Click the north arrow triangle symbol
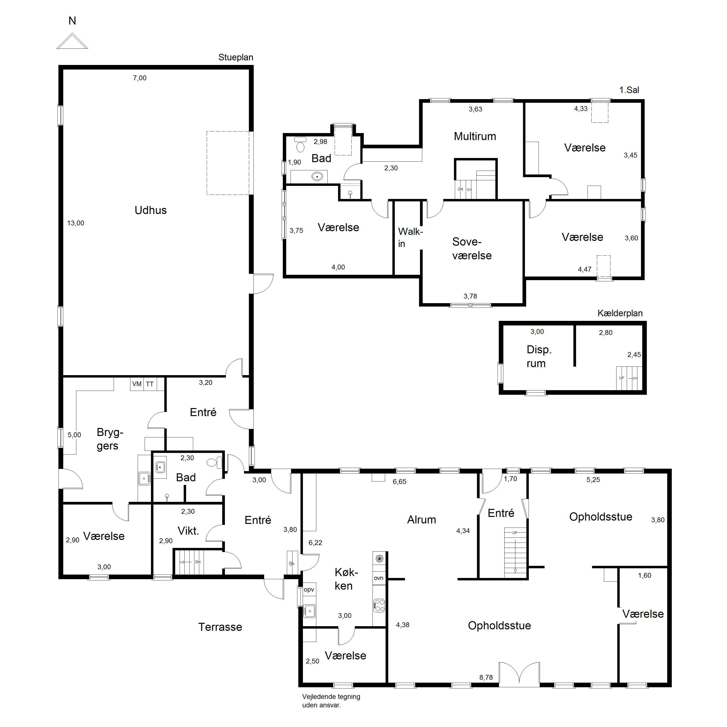pyautogui.click(x=72, y=41)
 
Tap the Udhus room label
pyautogui.click(x=150, y=210)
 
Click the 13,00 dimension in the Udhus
pyautogui.click(x=76, y=223)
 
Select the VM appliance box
pyautogui.click(x=137, y=384)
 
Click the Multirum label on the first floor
pyautogui.click(x=475, y=136)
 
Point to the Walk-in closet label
pyautogui.click(x=410, y=237)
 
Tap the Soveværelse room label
pyautogui.click(x=472, y=248)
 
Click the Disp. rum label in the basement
pyautogui.click(x=539, y=356)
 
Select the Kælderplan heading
pyautogui.click(x=620, y=313)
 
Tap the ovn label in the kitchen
pyautogui.click(x=379, y=578)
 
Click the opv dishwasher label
pyautogui.click(x=309, y=589)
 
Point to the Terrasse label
pyautogui.click(x=220, y=627)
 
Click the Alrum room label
pyautogui.click(x=421, y=520)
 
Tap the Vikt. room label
pyautogui.click(x=188, y=531)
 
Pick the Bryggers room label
pyautogui.click(x=110, y=439)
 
